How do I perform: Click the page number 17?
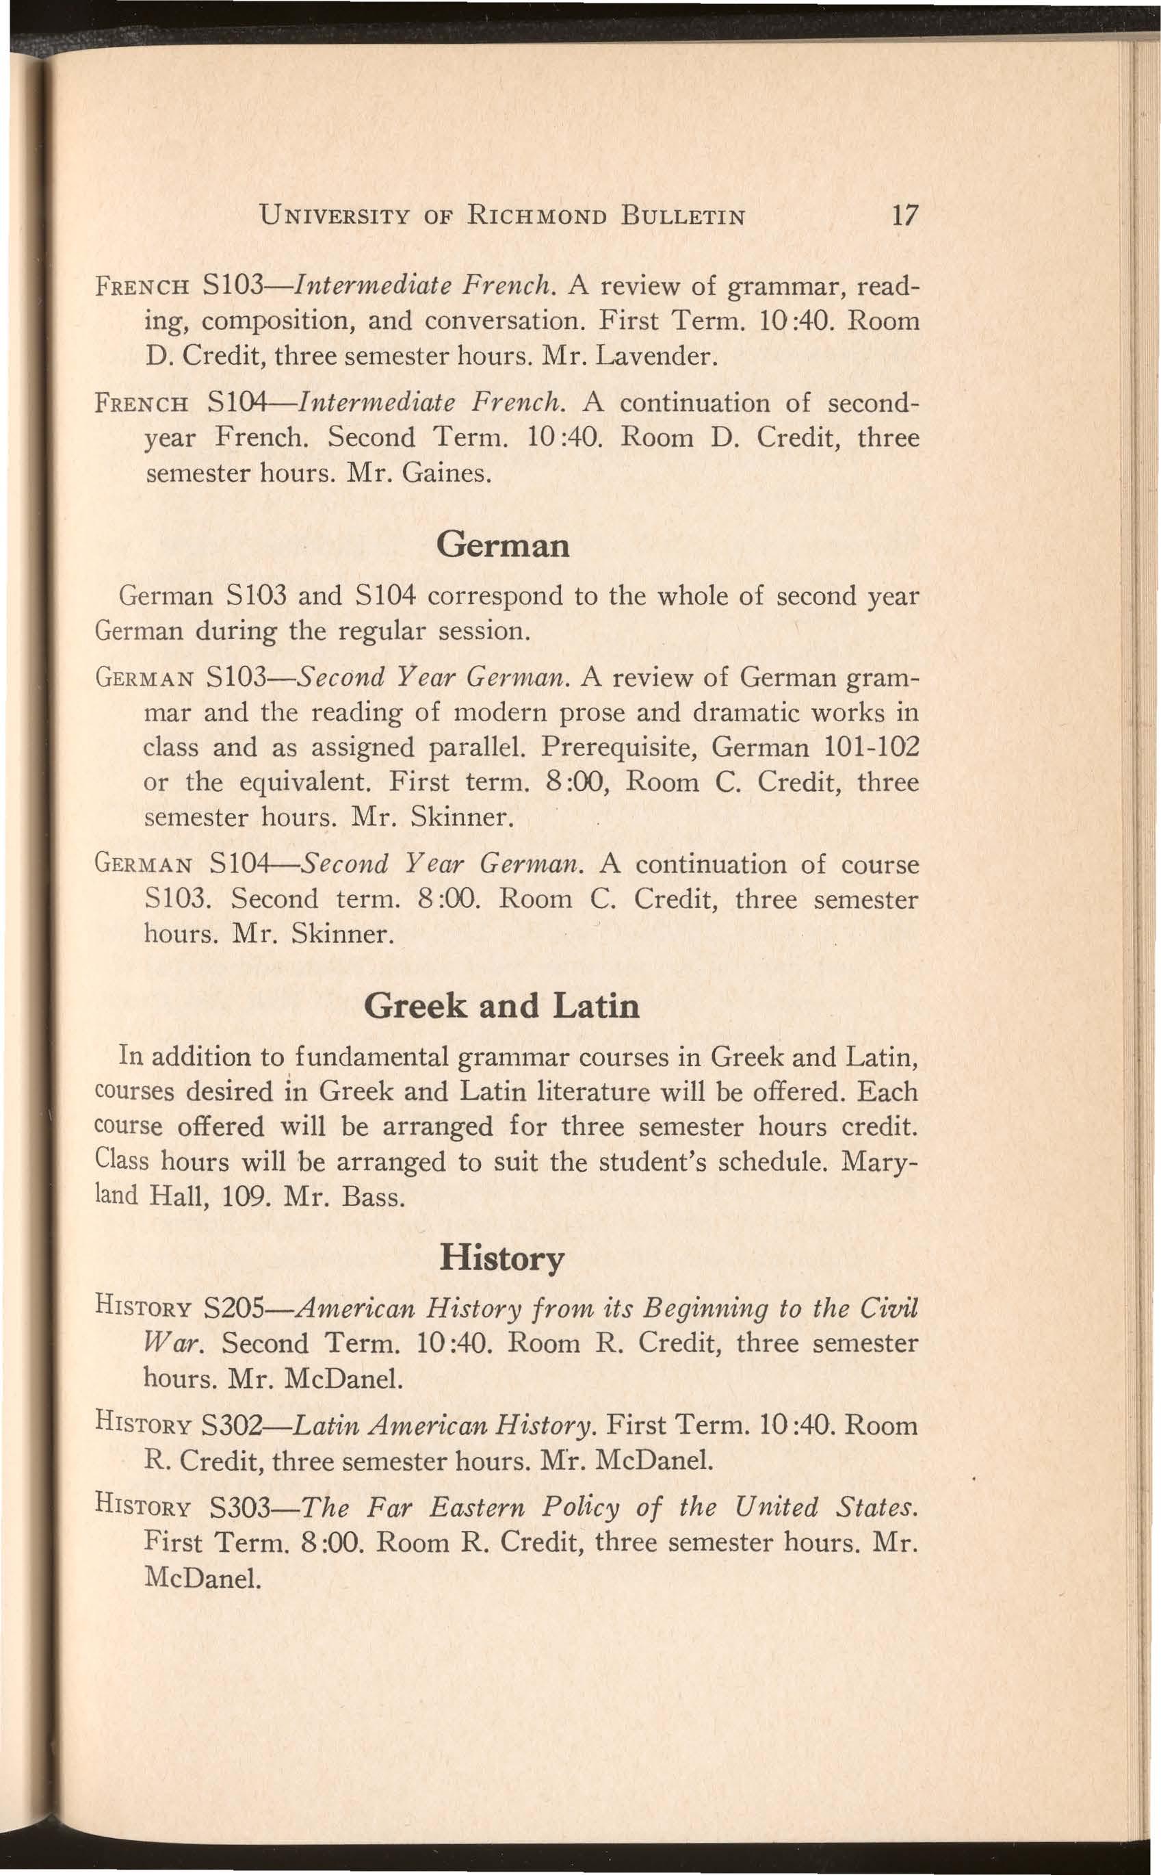(x=901, y=215)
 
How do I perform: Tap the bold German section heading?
(x=503, y=545)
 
